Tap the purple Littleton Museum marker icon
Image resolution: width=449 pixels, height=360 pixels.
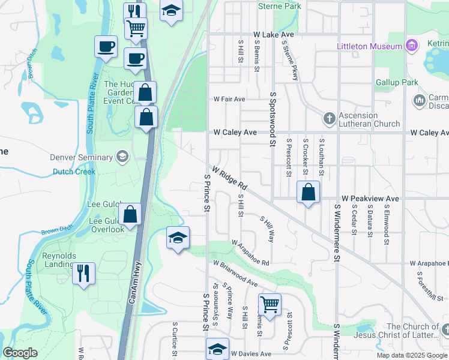(x=411, y=45)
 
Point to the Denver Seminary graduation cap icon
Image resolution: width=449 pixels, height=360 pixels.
(x=122, y=157)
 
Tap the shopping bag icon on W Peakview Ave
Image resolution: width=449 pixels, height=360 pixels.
(x=308, y=193)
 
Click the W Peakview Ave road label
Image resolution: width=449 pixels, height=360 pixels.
(x=370, y=198)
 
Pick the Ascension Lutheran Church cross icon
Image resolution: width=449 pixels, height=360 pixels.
(x=329, y=118)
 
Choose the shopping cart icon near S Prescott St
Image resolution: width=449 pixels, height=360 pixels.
(x=270, y=304)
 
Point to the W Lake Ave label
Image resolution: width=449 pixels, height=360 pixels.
(x=273, y=35)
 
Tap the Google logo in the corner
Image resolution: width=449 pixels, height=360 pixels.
(x=20, y=353)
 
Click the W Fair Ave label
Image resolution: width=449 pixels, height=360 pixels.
(x=230, y=99)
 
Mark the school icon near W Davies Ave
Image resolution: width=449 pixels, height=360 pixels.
(x=217, y=349)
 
